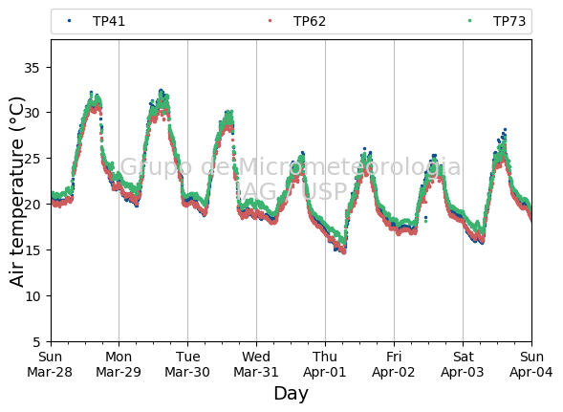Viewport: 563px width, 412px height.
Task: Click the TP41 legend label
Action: (x=109, y=22)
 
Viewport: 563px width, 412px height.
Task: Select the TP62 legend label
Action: (x=310, y=22)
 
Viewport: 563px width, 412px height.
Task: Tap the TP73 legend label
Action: (x=509, y=22)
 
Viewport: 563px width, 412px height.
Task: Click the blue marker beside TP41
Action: (x=69, y=21)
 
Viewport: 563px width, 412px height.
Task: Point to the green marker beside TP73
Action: (x=470, y=21)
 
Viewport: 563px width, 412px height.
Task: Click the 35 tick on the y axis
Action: (x=32, y=68)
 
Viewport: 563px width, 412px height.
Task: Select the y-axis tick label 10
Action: (x=32, y=296)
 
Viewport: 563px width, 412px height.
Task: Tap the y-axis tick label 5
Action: (x=37, y=342)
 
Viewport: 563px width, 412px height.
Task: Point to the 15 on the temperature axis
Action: (x=32, y=250)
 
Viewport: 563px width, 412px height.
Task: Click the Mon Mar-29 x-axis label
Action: (x=119, y=364)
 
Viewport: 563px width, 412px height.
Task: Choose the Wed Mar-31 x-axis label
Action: (x=256, y=364)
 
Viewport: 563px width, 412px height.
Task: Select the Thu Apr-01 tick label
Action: (x=325, y=364)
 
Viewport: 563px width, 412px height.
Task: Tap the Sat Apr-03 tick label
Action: (x=463, y=364)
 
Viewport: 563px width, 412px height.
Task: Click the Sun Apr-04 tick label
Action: (x=531, y=364)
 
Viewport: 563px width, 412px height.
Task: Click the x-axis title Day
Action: (x=292, y=394)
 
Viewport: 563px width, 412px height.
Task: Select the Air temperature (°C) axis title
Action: (x=17, y=192)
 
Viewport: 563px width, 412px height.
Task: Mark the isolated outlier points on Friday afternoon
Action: (x=426, y=219)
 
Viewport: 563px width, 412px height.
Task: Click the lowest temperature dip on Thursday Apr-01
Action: (x=344, y=252)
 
